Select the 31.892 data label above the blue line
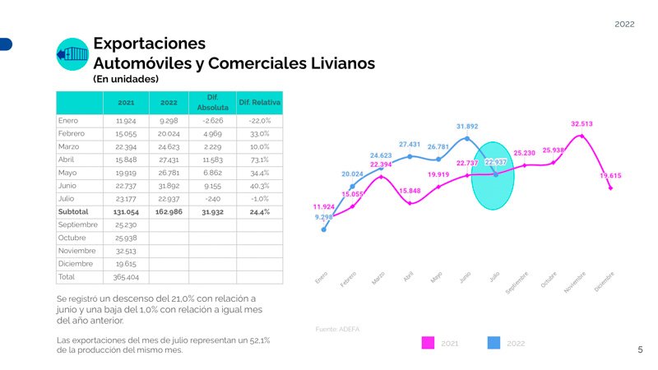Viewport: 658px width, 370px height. [x=466, y=127]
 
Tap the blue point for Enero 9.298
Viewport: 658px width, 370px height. [x=324, y=229]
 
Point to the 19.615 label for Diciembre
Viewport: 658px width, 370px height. [x=610, y=175]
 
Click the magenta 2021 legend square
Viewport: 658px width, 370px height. [x=427, y=343]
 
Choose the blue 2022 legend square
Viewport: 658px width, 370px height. [x=493, y=343]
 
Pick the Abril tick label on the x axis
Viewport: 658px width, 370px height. [x=408, y=278]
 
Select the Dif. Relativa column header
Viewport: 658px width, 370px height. [x=259, y=103]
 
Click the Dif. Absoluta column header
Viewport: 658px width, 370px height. [x=207, y=103]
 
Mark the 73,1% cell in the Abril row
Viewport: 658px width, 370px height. [x=259, y=159]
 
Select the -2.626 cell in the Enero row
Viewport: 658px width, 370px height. [x=207, y=121]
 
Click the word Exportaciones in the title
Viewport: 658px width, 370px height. [x=149, y=43]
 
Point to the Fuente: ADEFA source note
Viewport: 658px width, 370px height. [x=337, y=329]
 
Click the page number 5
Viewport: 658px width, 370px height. [x=640, y=349]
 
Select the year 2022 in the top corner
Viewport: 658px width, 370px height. [x=624, y=25]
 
